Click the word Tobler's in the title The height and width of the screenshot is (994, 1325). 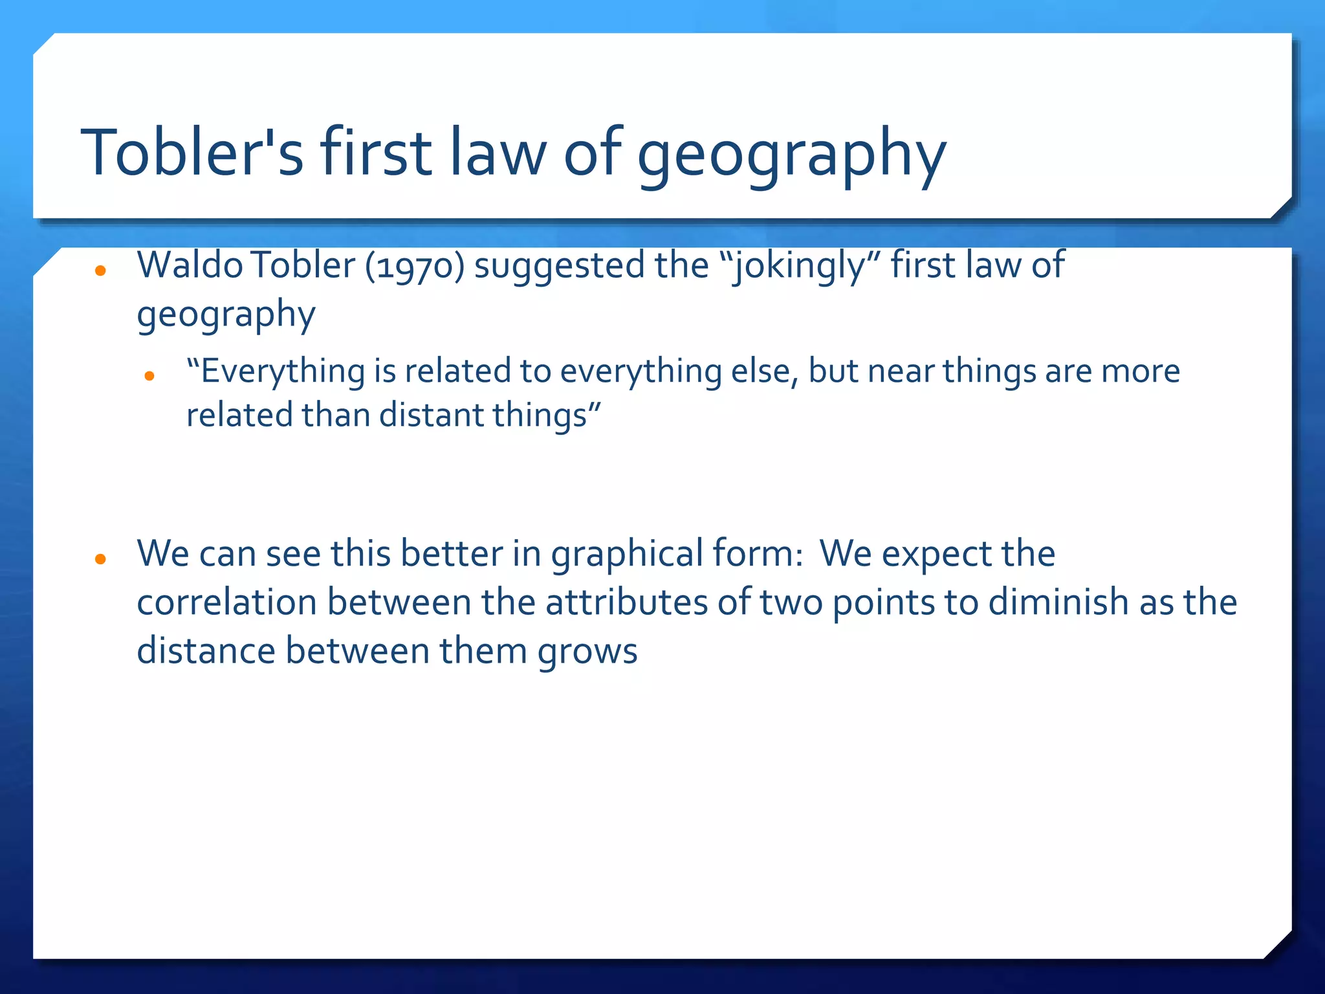[192, 153]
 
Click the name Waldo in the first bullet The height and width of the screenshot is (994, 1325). [190, 265]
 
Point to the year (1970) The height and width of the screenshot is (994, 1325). [415, 267]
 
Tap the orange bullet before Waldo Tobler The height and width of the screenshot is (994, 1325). [100, 271]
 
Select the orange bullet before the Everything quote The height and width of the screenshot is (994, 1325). [149, 376]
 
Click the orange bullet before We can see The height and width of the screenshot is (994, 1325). [100, 558]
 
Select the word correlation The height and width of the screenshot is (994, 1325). [226, 602]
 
